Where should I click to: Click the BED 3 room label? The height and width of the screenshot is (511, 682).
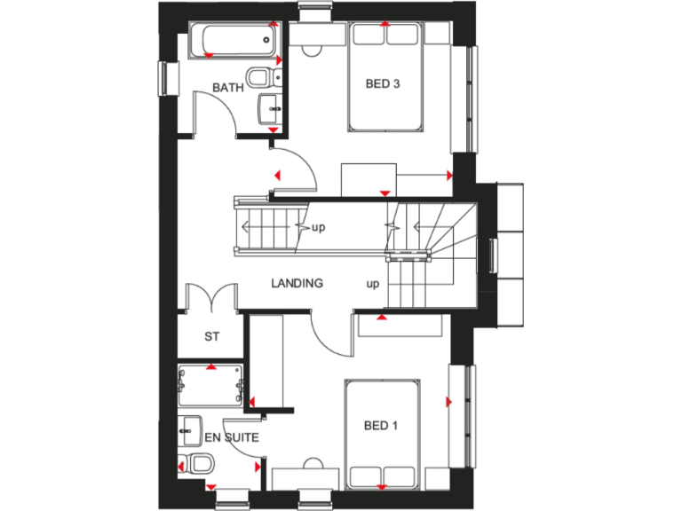pos(384,84)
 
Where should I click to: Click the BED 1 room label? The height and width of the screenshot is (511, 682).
pos(381,427)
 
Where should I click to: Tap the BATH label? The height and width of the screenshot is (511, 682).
pos(227,88)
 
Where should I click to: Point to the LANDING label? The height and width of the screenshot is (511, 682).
pos(297,284)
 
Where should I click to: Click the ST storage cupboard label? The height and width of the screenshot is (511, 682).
pos(211,336)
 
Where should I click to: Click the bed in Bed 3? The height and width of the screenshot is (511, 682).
pos(385,75)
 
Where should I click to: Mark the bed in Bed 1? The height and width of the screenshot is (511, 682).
pos(382,435)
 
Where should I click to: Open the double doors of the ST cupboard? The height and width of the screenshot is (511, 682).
pos(210,295)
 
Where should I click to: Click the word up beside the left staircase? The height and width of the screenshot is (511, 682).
pos(319,227)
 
